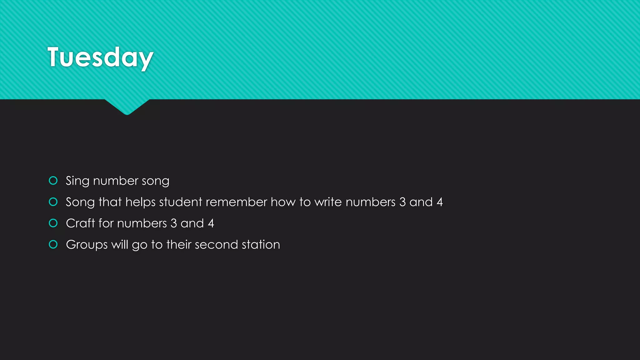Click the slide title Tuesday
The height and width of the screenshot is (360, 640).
pos(100,57)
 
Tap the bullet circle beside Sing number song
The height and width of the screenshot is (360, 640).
pos(53,181)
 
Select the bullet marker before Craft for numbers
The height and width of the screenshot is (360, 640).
pos(53,223)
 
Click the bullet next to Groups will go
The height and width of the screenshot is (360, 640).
pos(53,244)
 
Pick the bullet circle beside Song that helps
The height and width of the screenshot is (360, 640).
pos(53,202)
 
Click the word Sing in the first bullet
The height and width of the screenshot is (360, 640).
pos(77,181)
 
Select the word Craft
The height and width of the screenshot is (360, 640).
pos(80,223)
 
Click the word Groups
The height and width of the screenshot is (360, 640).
pos(87,245)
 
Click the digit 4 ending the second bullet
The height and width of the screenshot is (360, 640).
pos(440,202)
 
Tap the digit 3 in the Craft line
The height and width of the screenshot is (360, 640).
pos(174,223)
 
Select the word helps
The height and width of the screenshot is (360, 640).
pos(140,202)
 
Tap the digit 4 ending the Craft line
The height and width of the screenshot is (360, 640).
pos(211,223)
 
